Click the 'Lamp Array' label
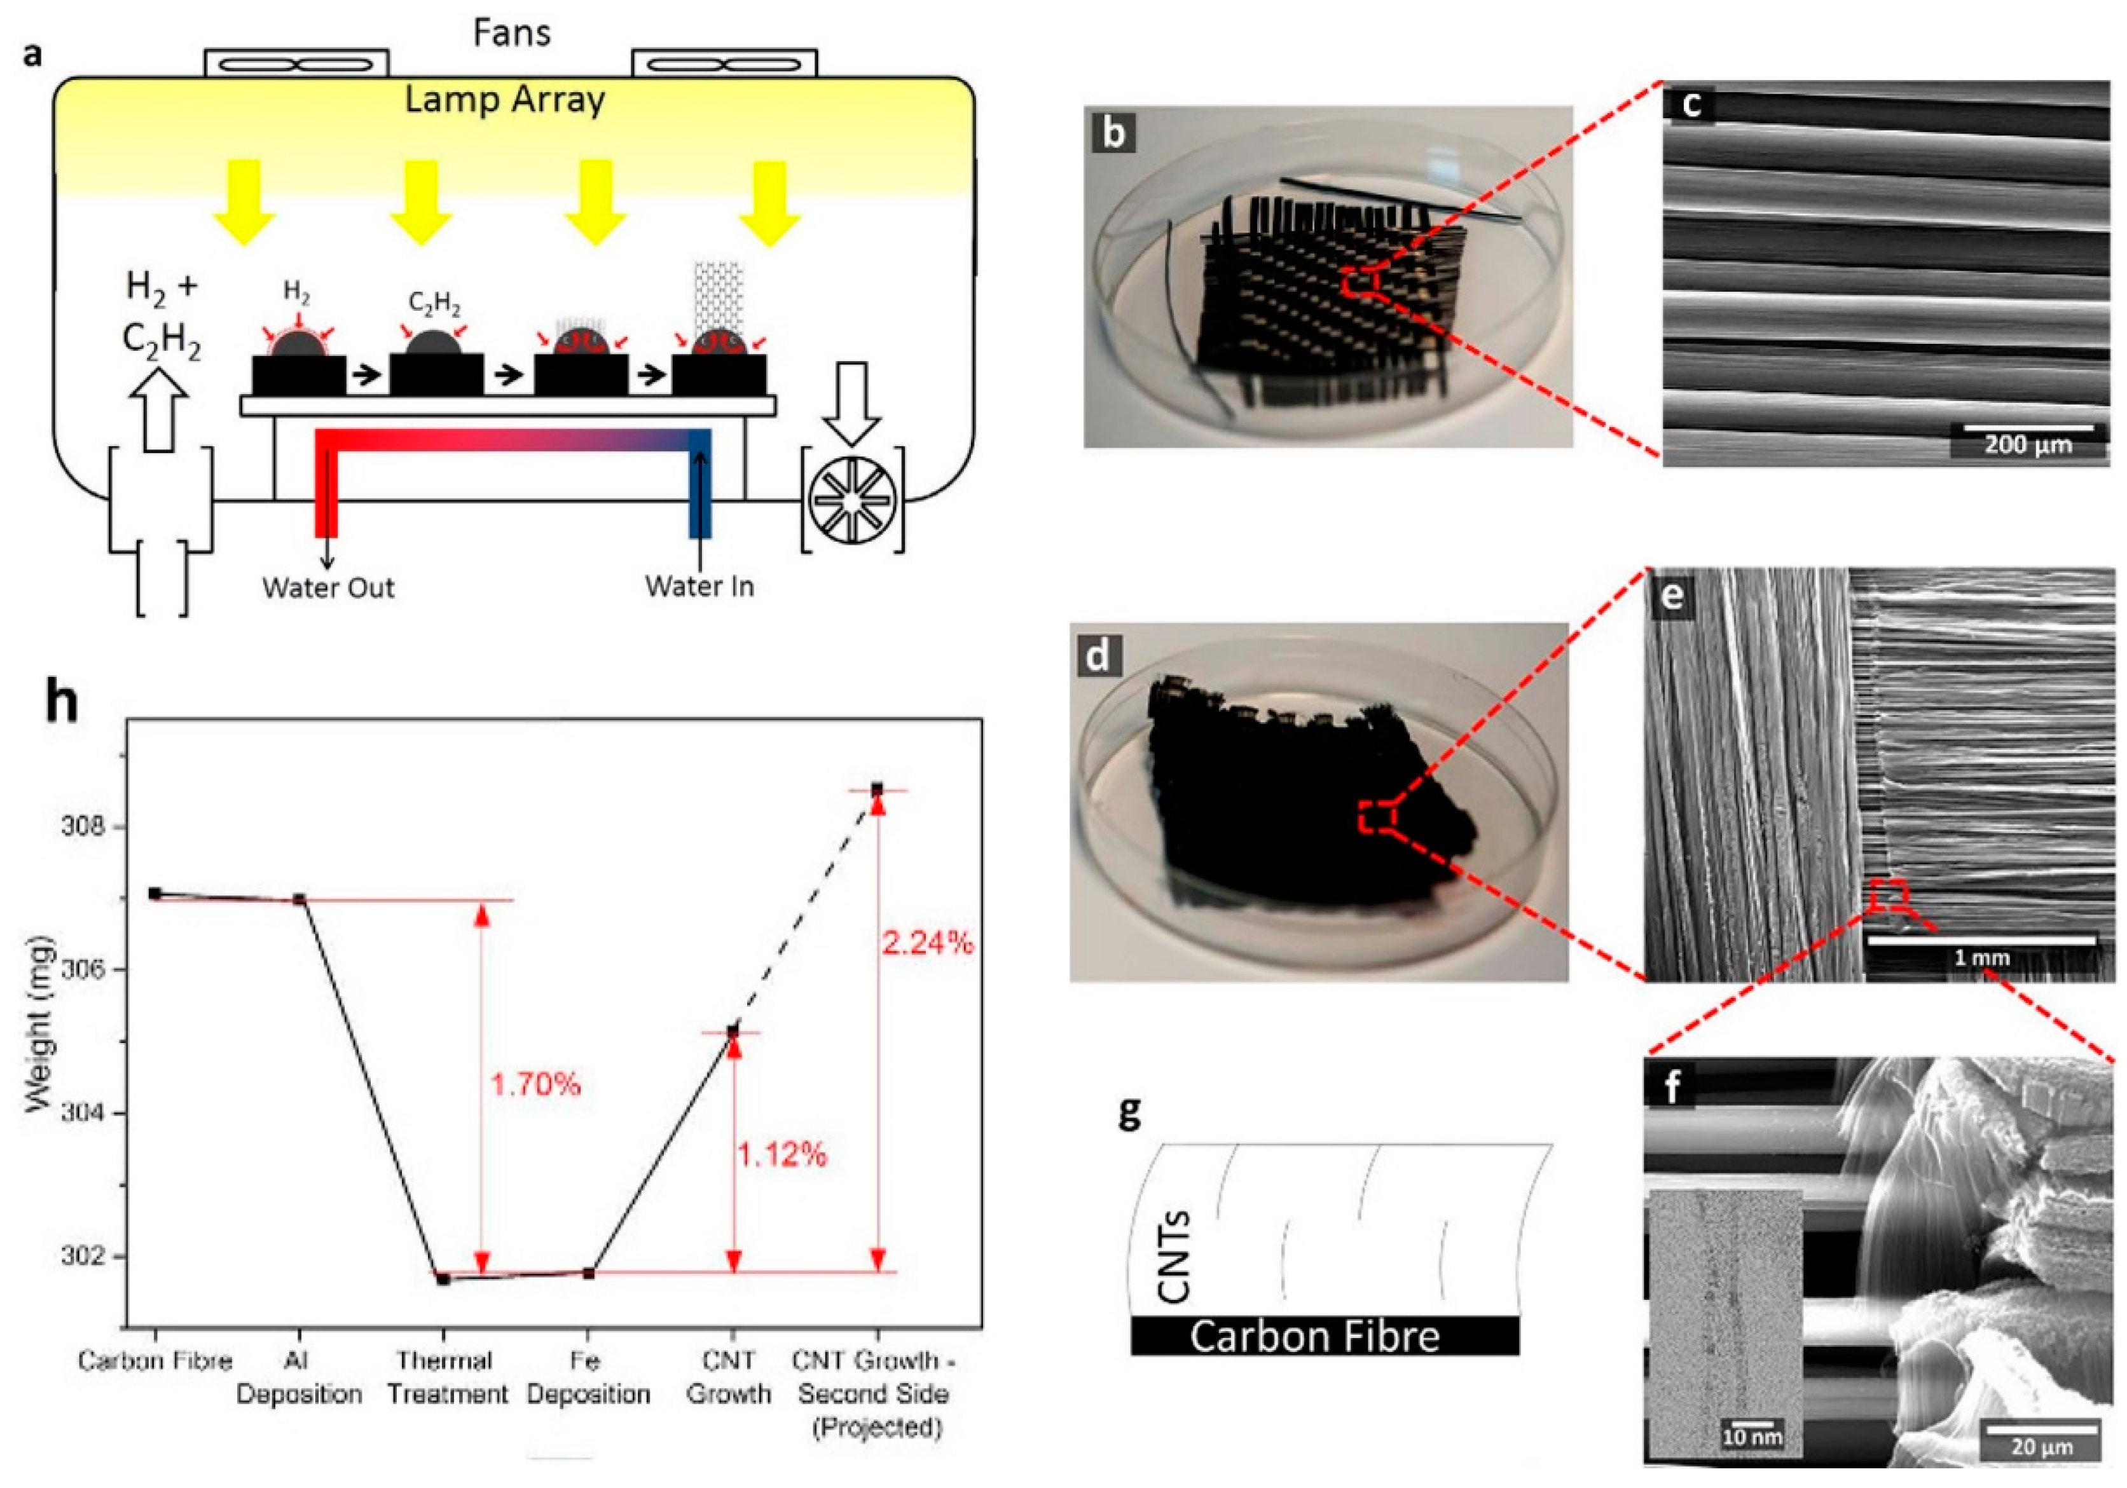click(x=505, y=100)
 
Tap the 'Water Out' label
click(x=328, y=588)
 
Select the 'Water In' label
click(x=699, y=586)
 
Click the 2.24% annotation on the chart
click(x=927, y=943)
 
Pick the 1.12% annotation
click(x=781, y=1155)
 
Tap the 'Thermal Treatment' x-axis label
click(x=446, y=1377)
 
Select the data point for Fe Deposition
click(x=588, y=1273)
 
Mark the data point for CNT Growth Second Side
click(x=876, y=789)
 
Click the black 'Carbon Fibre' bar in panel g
click(x=1324, y=1336)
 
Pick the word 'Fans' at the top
click(x=511, y=32)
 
